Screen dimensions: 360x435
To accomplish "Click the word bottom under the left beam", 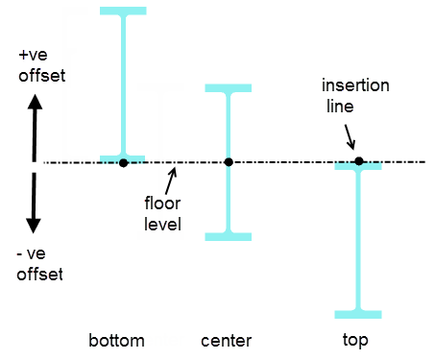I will tap(116, 340).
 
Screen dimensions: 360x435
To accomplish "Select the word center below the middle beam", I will tap(227, 340).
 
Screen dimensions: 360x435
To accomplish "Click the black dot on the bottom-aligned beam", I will tap(124, 162).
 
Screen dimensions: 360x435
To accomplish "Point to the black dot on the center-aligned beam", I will tap(229, 162).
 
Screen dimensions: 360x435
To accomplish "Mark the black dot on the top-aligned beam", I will tap(358, 161).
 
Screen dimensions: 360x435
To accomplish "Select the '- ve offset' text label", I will tap(40, 265).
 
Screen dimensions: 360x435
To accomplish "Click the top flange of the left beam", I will tap(123, 12).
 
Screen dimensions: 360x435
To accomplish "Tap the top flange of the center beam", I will tap(229, 89).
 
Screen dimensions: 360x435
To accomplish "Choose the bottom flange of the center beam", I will tap(229, 234).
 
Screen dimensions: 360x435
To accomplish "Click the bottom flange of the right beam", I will tap(358, 313).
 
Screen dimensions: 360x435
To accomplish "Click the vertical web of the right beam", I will tap(358, 240).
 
